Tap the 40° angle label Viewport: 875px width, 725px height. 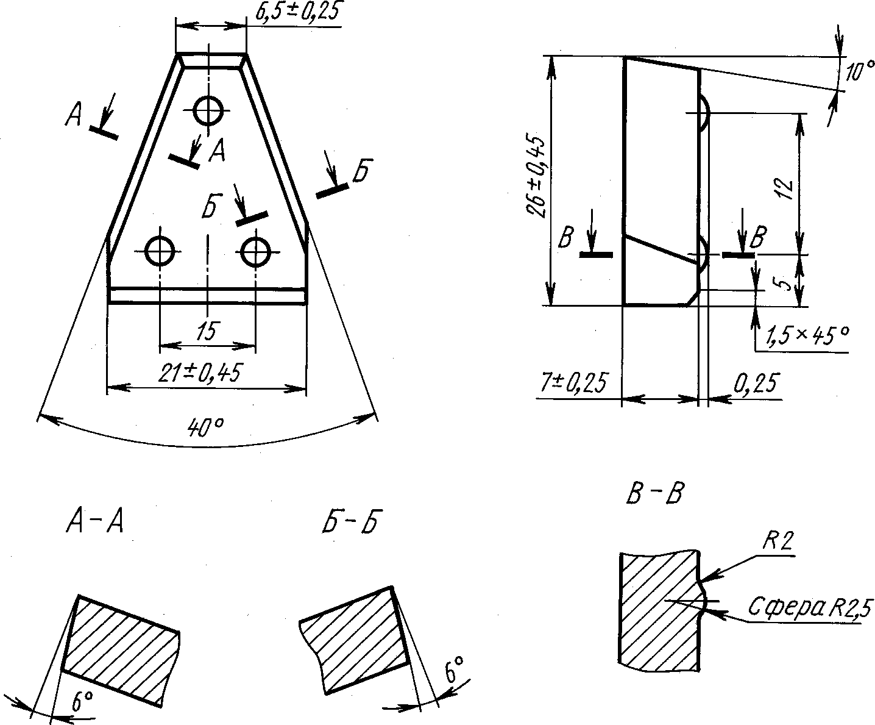pyautogui.click(x=206, y=427)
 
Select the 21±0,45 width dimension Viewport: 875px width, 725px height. pyautogui.click(x=200, y=373)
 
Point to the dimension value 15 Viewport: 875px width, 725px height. pyautogui.click(x=208, y=331)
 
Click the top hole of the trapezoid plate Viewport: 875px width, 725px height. pyautogui.click(x=208, y=110)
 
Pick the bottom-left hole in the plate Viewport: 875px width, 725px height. pyautogui.click(x=159, y=251)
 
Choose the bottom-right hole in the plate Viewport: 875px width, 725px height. pyautogui.click(x=255, y=252)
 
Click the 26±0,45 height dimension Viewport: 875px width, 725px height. pyautogui.click(x=537, y=177)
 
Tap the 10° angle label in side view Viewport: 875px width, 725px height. pyautogui.click(x=859, y=71)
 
